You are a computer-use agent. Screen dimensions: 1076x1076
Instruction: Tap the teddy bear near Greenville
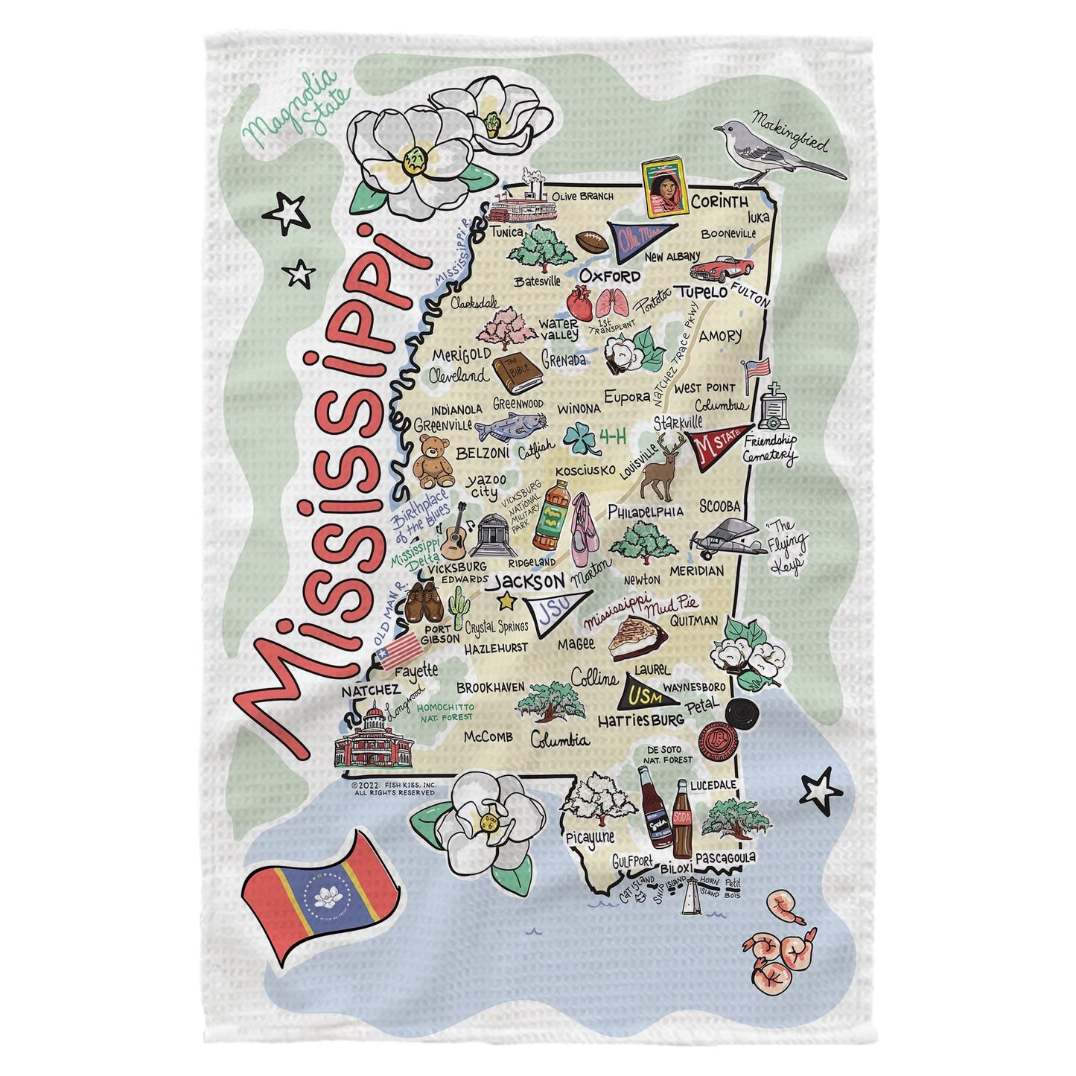(x=433, y=462)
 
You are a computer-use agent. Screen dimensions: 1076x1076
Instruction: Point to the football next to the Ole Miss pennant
(x=593, y=241)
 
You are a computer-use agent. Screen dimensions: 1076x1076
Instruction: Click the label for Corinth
(x=719, y=202)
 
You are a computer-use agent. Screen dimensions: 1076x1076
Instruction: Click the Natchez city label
(x=366, y=692)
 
